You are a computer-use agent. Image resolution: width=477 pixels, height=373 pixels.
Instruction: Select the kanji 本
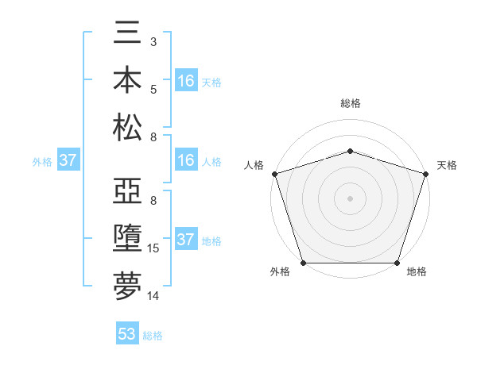click(127, 83)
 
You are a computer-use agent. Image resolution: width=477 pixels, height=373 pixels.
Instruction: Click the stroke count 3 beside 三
click(153, 41)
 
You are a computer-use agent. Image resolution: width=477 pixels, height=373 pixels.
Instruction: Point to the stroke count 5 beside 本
click(153, 89)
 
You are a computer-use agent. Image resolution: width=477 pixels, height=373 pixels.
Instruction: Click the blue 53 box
click(127, 334)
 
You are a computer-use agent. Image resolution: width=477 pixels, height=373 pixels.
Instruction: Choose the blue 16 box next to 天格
click(186, 81)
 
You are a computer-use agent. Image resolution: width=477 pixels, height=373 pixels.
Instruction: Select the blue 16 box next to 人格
click(186, 161)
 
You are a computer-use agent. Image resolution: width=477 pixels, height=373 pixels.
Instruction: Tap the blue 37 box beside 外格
click(68, 161)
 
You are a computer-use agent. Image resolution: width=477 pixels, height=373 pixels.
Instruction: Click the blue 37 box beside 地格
click(186, 240)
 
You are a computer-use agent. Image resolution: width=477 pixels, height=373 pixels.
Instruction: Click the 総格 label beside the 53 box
click(153, 336)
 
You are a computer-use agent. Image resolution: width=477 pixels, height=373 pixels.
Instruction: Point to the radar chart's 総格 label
click(350, 104)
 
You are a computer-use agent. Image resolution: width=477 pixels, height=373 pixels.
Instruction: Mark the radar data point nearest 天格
click(426, 173)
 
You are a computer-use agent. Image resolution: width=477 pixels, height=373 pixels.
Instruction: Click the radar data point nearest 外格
click(303, 263)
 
